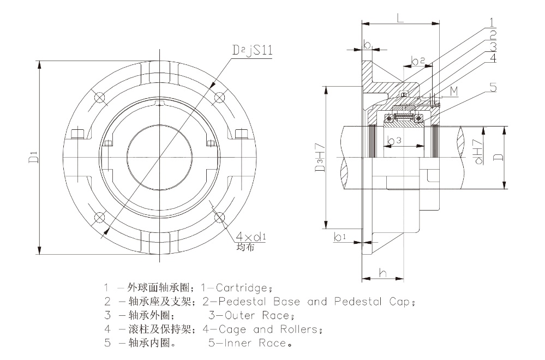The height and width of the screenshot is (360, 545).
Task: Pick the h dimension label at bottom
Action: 383,273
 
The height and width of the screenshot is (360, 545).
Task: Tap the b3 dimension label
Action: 394,141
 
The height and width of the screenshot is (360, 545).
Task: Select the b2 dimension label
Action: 418,61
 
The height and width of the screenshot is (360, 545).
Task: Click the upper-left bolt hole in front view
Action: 99,98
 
